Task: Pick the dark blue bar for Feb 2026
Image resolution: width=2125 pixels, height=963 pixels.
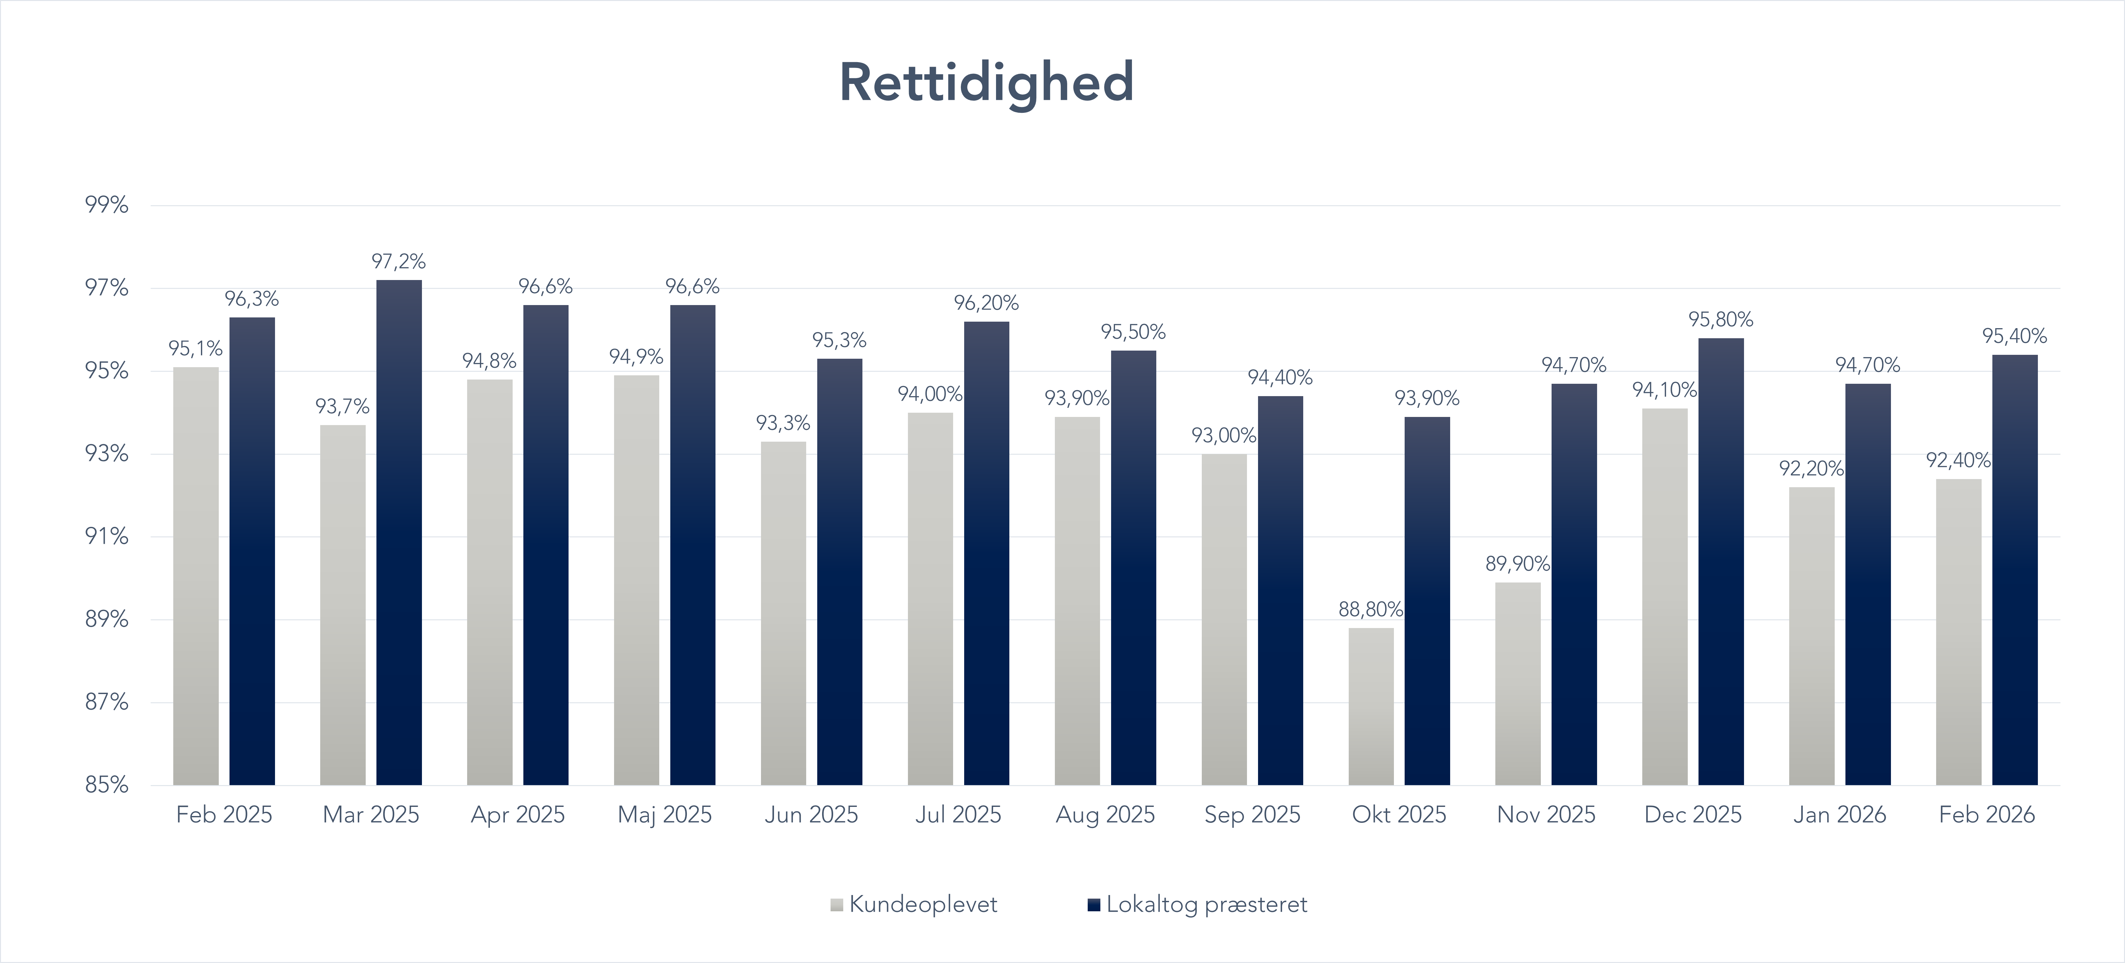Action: point(2014,569)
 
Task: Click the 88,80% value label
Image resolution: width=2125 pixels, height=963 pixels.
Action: point(1370,610)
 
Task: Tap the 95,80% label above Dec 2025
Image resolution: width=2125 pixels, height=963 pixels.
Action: point(1721,319)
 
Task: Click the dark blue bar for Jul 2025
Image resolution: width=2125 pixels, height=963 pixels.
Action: point(987,553)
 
